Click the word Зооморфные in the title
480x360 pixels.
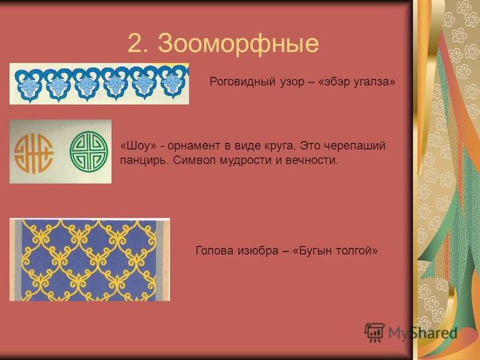[238, 44]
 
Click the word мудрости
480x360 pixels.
[245, 160]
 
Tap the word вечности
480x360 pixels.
[312, 160]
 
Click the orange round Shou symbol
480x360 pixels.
[34, 153]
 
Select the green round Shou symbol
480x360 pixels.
[89, 152]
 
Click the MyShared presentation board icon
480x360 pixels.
[374, 332]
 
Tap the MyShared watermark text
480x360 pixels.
[423, 333]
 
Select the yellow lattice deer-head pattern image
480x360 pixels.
[89, 260]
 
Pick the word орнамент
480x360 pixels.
[193, 146]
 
